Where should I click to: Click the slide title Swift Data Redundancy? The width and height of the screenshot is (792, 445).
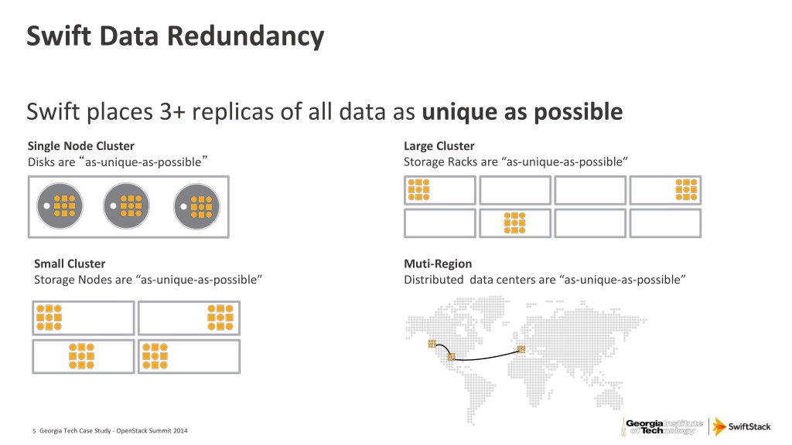(175, 36)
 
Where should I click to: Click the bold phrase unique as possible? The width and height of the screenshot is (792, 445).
(522, 112)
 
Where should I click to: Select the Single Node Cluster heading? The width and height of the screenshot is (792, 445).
(80, 146)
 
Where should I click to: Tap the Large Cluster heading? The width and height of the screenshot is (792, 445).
(439, 146)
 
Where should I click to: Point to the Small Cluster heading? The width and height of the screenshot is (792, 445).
(70, 263)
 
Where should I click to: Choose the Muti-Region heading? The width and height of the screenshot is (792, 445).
(438, 263)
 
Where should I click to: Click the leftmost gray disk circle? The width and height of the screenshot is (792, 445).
(59, 206)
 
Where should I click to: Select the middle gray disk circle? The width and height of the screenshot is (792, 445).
(127, 206)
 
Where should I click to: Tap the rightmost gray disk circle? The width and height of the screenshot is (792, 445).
(196, 206)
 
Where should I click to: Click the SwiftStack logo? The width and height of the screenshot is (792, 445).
(742, 426)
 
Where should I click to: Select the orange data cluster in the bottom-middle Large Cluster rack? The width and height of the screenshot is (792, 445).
(513, 222)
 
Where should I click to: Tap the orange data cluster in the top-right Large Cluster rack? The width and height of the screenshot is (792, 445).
(686, 190)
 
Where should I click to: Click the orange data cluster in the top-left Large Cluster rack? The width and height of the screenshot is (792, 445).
(418, 190)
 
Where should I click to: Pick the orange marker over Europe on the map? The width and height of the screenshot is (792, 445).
(521, 349)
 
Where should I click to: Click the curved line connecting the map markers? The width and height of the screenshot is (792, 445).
(487, 357)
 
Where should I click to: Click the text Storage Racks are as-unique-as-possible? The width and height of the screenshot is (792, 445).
(515, 161)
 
